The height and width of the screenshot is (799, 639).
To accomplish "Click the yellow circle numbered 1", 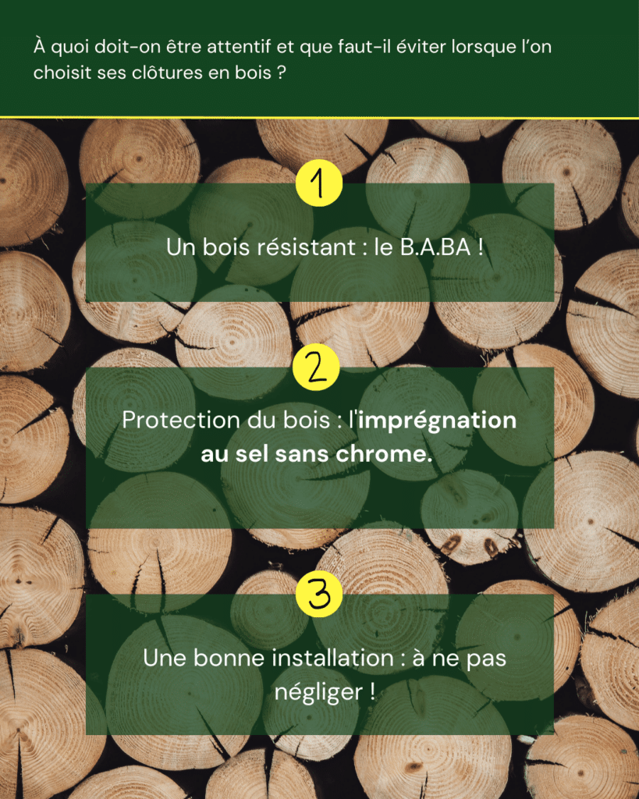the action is (319, 183).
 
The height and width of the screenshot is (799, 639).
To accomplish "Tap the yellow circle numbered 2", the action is (317, 367).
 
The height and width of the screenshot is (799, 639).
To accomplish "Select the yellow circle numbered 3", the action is (319, 594).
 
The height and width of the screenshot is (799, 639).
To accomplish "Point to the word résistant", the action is (306, 247).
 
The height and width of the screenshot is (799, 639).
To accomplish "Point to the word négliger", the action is (319, 693).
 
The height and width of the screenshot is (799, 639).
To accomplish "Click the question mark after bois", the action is (282, 73).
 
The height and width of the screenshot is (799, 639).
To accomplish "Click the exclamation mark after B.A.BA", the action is (481, 247).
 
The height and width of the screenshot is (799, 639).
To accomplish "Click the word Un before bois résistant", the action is (181, 247).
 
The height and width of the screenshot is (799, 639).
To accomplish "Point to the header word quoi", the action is (73, 48).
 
